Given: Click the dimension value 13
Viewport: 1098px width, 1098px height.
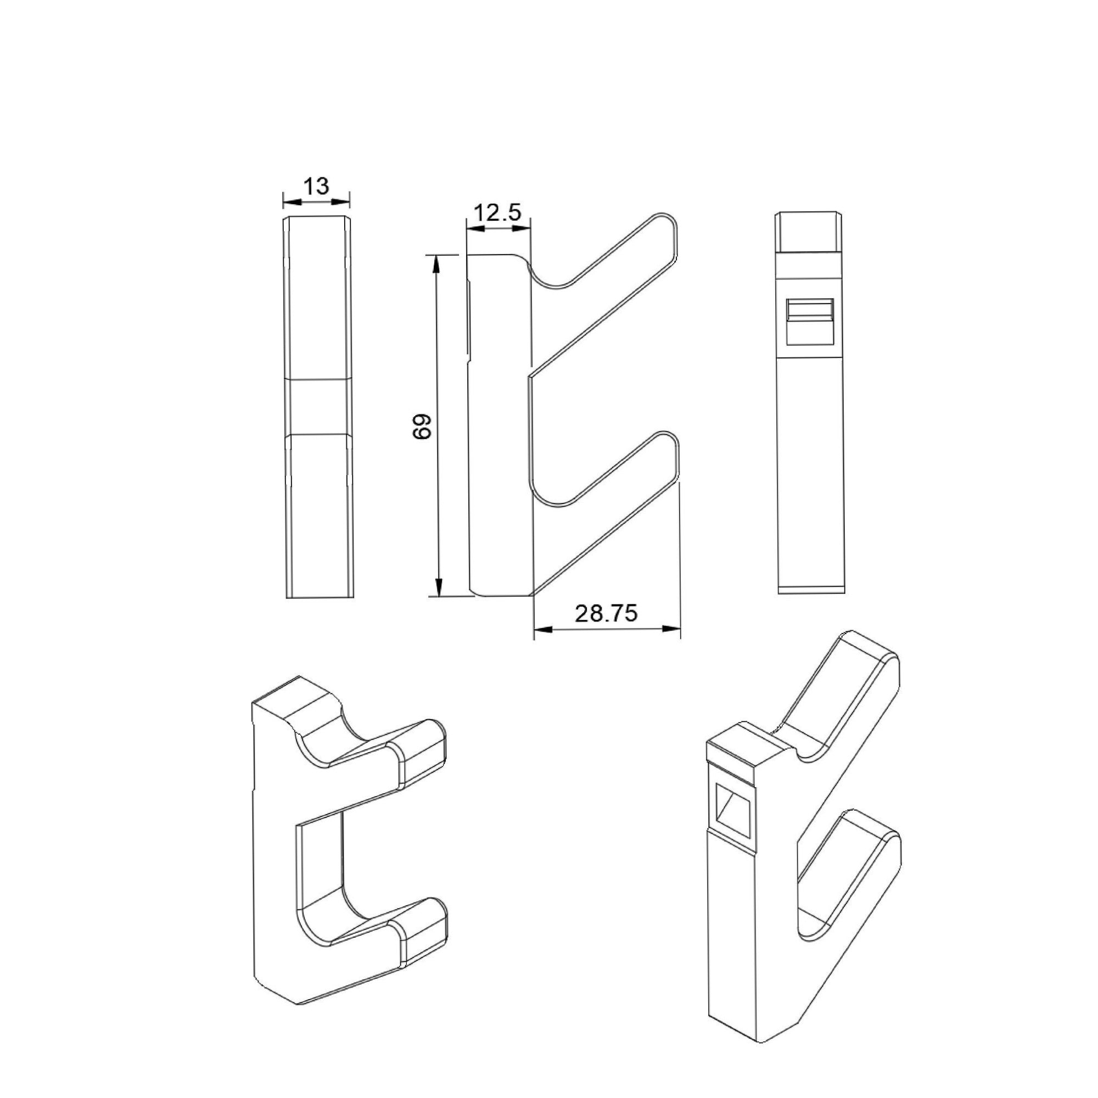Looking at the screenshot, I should (316, 186).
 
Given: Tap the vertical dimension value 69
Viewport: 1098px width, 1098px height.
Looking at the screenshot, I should (422, 426).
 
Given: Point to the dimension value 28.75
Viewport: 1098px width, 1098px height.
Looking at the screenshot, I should (606, 614).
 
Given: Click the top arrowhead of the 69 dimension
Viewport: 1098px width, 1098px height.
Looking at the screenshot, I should (436, 264).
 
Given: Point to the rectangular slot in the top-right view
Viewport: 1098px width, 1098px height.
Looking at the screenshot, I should (809, 322).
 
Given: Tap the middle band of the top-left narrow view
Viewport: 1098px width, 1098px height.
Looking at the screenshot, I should (318, 407).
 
